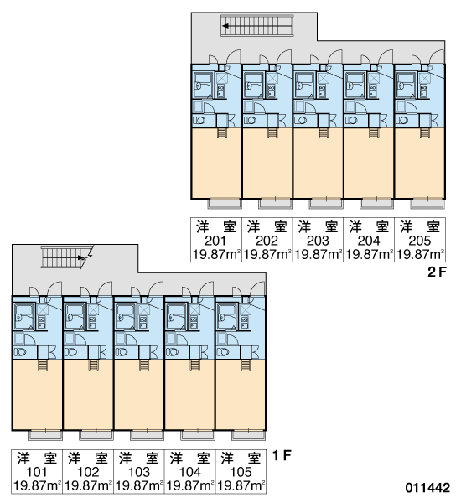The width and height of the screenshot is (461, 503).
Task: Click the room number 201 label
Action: pyautogui.click(x=215, y=241)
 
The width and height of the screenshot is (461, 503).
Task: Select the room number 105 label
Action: pyautogui.click(x=241, y=472)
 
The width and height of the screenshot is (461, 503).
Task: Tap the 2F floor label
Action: pyautogui.click(x=437, y=272)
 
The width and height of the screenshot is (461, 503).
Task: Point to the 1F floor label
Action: pyautogui.click(x=282, y=455)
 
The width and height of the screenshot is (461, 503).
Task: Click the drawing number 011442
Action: pyautogui.click(x=427, y=488)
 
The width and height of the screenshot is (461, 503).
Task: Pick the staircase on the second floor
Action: pyautogui.click(x=257, y=26)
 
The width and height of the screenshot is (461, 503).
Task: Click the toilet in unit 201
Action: pyautogui.click(x=199, y=121)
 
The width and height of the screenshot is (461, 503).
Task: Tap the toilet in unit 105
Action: pyautogui.click(x=223, y=352)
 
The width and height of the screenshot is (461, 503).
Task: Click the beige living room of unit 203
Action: pyautogui.click(x=318, y=163)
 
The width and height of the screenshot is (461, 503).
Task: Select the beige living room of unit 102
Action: pyautogui.click(x=88, y=395)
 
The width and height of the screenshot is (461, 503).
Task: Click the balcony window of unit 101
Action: pyautogui.click(x=45, y=435)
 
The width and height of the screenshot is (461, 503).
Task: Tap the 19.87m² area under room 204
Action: pyautogui.click(x=369, y=254)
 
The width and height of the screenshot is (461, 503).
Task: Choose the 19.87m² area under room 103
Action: pyautogui.click(x=138, y=486)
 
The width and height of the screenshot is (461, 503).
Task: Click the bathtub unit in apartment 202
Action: pyautogui.click(x=254, y=85)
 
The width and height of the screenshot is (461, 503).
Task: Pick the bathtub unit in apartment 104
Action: pyautogui.click(x=176, y=317)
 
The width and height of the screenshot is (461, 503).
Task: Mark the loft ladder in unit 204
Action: pyautogui.click(x=373, y=132)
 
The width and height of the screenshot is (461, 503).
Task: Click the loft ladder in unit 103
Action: pyautogui.click(x=143, y=365)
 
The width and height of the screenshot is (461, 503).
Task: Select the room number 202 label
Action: pyautogui.click(x=267, y=241)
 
